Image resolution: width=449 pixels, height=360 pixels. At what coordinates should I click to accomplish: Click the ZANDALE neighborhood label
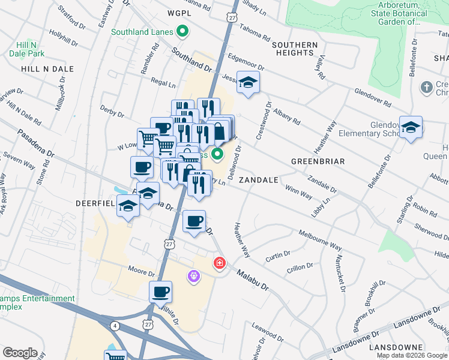click(x=258, y=179)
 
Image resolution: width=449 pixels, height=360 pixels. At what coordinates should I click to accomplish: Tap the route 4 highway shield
click(x=115, y=326)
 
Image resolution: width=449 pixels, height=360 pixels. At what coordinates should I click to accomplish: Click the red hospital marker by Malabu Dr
click(x=220, y=263)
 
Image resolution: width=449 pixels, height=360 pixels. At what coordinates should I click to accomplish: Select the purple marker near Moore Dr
click(x=194, y=276)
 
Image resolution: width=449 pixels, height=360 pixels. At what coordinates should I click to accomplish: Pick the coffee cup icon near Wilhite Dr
click(x=160, y=292)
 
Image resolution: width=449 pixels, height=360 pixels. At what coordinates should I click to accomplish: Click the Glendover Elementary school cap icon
click(x=411, y=127)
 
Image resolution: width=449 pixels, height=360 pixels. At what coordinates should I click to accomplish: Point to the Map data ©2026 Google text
click(x=412, y=355)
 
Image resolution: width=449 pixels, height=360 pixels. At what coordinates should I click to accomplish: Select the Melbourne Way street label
click(x=320, y=240)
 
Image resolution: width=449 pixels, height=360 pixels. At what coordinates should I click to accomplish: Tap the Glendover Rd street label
click(x=372, y=98)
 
